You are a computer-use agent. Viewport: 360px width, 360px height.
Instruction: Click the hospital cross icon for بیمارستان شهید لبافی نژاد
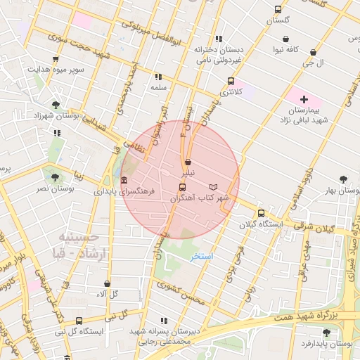[x=304, y=100]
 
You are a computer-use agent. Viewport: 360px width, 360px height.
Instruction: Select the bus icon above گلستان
[x=278, y=10]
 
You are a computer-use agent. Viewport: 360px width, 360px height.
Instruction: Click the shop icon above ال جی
[x=313, y=52]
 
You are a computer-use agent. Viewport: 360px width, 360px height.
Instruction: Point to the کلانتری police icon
[x=231, y=82]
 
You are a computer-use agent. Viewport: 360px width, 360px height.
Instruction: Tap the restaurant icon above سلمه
[x=158, y=77]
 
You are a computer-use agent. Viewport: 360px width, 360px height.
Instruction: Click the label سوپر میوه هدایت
[x=56, y=70]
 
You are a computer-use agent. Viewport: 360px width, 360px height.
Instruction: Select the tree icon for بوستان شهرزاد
[x=56, y=104]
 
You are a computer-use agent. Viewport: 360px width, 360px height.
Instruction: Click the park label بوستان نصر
[x=56, y=189]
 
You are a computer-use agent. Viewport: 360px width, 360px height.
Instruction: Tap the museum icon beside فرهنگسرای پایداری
[x=124, y=180]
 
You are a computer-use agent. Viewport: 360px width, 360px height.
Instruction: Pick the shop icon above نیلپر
[x=187, y=162]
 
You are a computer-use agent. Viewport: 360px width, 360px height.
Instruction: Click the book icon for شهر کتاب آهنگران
[x=214, y=187]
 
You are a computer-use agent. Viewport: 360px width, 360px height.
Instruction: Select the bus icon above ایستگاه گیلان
[x=262, y=213]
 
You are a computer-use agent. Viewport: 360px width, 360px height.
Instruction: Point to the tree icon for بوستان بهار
[x=343, y=180]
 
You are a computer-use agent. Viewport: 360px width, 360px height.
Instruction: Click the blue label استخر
[x=202, y=257]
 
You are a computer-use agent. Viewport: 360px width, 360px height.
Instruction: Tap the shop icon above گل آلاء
[x=107, y=283]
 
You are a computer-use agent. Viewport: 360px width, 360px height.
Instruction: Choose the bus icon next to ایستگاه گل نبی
[x=79, y=330]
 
